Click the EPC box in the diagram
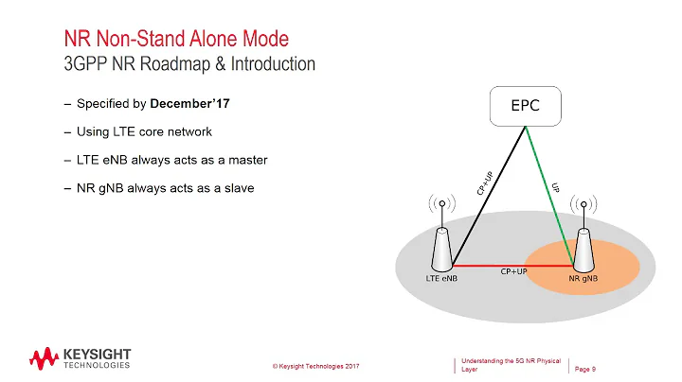[526, 105]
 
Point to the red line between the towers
[511, 266]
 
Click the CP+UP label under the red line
[513, 273]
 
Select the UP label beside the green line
[557, 189]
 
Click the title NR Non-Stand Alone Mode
[175, 40]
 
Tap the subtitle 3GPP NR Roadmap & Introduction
[189, 64]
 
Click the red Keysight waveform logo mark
[44, 358]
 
